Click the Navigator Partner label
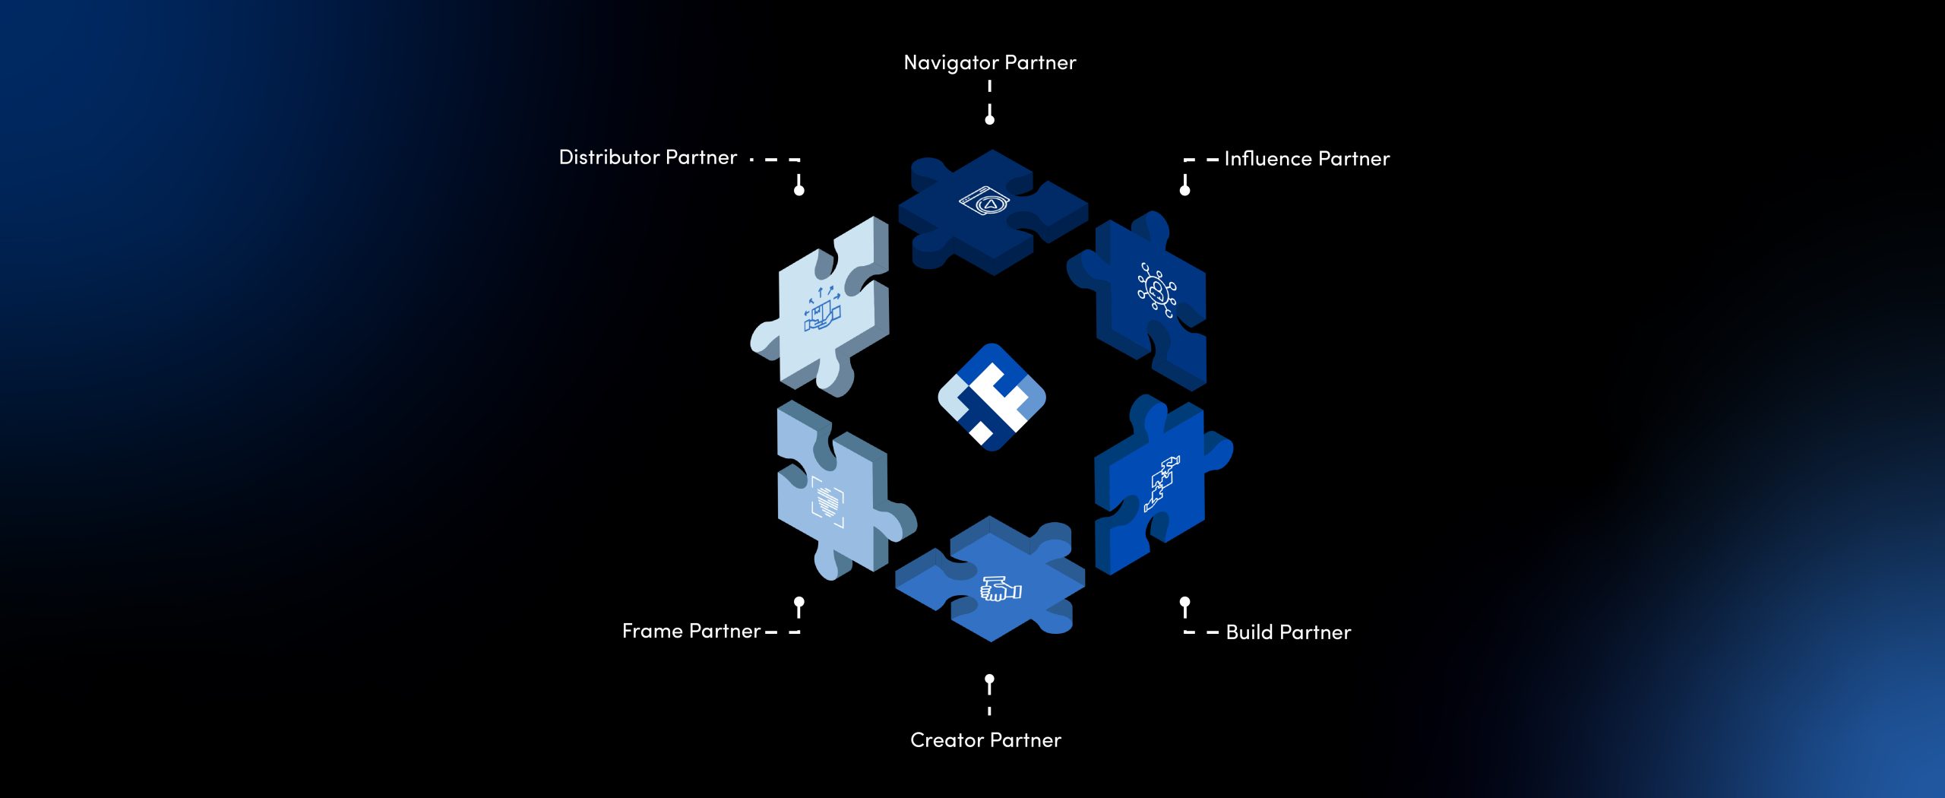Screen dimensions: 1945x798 (989, 63)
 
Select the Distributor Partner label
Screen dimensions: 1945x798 (648, 157)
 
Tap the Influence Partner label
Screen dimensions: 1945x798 (1307, 159)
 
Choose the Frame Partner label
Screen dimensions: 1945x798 (691, 631)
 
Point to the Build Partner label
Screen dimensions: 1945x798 (1289, 632)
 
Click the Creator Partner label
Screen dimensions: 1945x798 (985, 740)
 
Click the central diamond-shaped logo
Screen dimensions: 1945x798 (991, 397)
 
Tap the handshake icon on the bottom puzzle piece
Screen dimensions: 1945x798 (1001, 589)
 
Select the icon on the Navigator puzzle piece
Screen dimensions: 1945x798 (985, 201)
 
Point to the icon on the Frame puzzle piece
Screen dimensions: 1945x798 (827, 501)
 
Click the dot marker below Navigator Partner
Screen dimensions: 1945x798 (989, 119)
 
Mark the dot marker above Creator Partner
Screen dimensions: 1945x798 (989, 679)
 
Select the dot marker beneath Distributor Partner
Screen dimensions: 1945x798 (799, 190)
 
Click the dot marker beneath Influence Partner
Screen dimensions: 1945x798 (1184, 190)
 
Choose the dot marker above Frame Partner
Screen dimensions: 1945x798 (799, 602)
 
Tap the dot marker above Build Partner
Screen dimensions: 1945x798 (1184, 602)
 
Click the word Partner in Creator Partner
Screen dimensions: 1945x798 (1025, 740)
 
